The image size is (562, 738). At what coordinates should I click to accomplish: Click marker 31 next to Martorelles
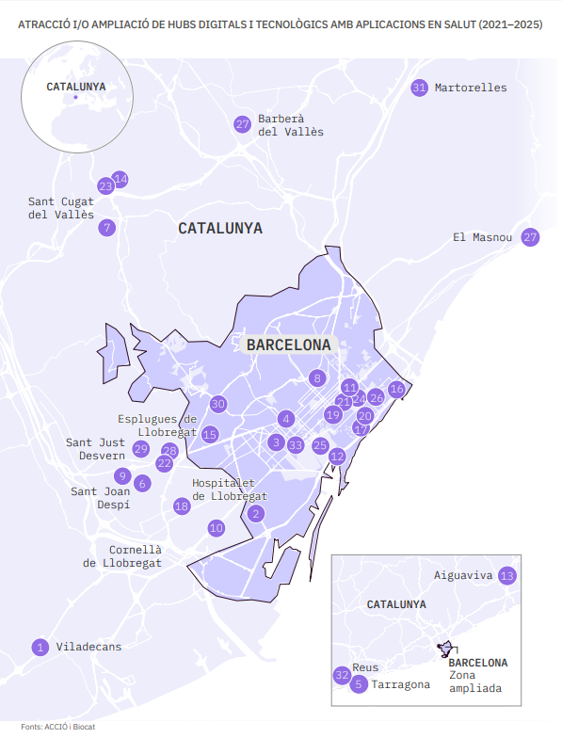pos(419,88)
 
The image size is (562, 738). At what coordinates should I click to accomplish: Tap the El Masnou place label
pos(482,237)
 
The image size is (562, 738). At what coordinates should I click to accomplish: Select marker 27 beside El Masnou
pos(530,237)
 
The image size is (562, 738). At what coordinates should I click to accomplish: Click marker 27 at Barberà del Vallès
pos(243,124)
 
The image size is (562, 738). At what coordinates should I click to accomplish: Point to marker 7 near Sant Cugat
pos(107,227)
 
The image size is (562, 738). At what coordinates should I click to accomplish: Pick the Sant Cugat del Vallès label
pos(61,208)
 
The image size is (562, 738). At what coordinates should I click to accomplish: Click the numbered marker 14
pos(120,179)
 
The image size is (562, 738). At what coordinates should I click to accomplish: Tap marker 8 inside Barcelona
pos(317,378)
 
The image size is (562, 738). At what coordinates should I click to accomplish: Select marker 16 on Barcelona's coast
pos(396,389)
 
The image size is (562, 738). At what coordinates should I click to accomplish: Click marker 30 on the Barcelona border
pos(218,404)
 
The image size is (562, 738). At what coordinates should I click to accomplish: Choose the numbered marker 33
pos(296,445)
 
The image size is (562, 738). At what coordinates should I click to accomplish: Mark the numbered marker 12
pos(337,457)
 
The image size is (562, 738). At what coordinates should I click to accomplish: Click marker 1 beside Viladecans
pos(40,647)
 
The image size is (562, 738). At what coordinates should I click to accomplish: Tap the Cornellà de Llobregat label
pos(121,556)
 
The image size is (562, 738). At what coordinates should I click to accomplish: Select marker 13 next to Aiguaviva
pos(507,575)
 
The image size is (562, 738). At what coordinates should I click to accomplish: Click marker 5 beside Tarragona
pos(358,684)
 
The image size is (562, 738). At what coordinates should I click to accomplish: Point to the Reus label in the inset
pos(365,667)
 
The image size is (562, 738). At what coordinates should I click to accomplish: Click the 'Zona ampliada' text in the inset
pos(475,682)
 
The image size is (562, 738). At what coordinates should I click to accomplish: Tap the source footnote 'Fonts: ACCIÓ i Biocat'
pos(58,727)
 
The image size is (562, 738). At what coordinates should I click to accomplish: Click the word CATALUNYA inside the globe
pos(75,87)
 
